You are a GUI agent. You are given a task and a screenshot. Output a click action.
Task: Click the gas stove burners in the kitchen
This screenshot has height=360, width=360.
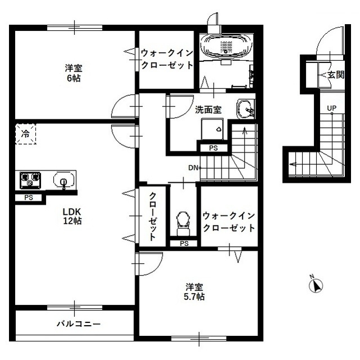tap(31, 180)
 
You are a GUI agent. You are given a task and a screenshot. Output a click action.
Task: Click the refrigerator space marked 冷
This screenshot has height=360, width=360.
tap(25, 134)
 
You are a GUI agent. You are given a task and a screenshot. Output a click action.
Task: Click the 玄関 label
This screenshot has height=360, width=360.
tap(336, 74)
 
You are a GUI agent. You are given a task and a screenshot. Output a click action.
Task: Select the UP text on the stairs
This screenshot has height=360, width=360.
tap(332, 108)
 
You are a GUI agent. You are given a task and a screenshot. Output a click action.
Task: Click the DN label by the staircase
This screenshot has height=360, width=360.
tap(193, 168)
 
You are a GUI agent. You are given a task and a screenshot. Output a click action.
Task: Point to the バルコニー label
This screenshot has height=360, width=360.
tap(78, 325)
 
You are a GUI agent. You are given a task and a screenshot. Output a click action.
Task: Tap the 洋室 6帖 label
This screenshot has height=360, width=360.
tap(73, 74)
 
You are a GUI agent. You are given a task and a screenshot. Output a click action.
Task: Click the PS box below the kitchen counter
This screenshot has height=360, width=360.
tap(29, 198)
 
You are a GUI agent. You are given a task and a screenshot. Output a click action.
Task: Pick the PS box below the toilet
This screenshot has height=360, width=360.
tap(184, 244)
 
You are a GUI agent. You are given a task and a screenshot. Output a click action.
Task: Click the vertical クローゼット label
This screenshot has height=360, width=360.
tap(152, 217)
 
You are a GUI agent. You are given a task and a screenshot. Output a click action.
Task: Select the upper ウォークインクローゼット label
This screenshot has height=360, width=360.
tap(167, 59)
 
